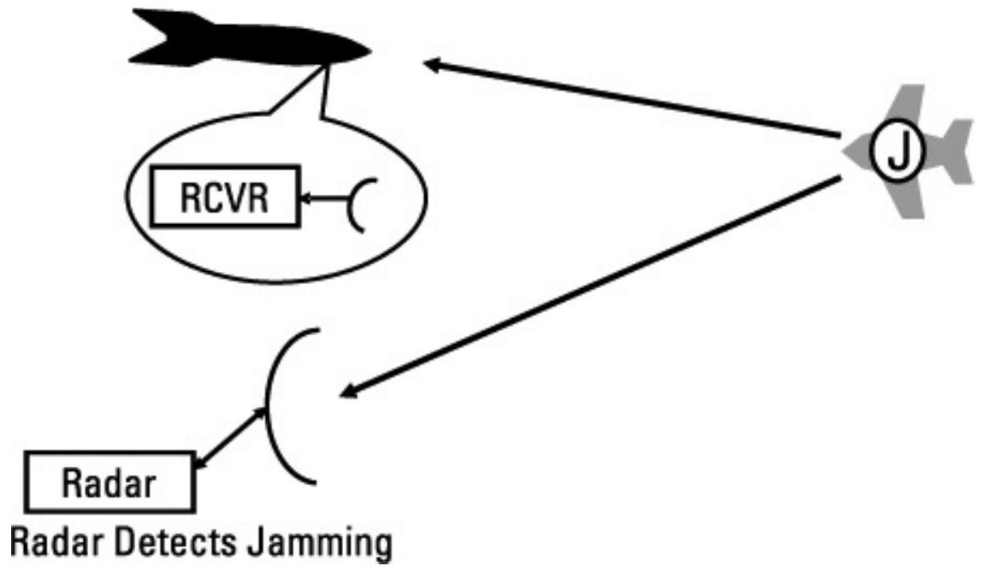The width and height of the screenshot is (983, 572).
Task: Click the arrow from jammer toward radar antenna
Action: [590, 286]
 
